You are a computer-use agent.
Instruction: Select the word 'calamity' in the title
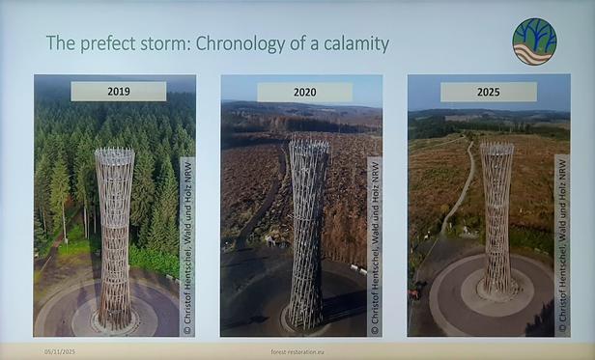point(353,43)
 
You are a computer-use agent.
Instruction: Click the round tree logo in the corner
point(534,42)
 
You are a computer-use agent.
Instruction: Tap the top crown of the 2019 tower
point(114,154)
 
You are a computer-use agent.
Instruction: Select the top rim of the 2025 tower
point(496,149)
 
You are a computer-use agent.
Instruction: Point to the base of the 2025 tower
point(498,291)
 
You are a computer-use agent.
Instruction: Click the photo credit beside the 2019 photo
point(187,246)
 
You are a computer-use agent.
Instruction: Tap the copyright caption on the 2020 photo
point(373,246)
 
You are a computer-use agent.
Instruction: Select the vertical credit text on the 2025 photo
point(560,246)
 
